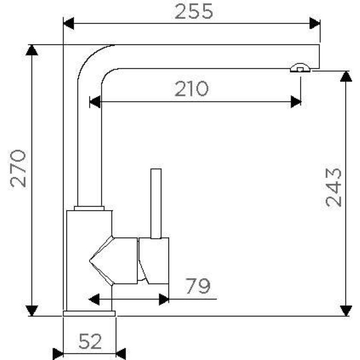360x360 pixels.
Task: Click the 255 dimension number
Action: tap(194, 12)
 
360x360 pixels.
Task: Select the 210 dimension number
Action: tap(192, 89)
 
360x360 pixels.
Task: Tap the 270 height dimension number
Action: tap(18, 168)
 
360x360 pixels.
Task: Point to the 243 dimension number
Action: tap(333, 187)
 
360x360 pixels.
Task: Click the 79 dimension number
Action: tap(198, 286)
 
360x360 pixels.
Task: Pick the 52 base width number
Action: tap(90, 342)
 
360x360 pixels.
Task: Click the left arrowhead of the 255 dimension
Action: tap(69, 23)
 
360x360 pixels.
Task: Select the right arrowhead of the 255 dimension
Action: tap(315, 23)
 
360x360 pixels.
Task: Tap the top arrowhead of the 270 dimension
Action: tap(31, 50)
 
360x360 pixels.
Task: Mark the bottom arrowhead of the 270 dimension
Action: tap(31, 311)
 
